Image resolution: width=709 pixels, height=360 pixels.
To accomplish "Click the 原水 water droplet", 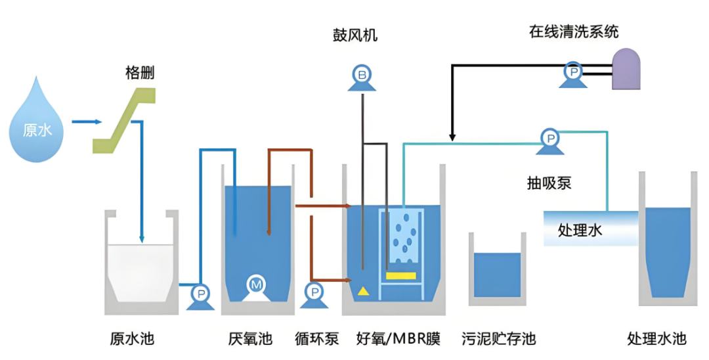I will pos(37,125).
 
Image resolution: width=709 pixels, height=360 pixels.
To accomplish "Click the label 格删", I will pos(140,73).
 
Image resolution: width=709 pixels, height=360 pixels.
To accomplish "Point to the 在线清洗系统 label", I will pos(574,32).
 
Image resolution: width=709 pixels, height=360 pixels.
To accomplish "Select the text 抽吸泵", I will pos(549,183).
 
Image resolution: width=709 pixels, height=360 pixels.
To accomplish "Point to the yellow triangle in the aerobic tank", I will pos(363,290).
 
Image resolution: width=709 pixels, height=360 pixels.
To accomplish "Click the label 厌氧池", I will pos(249,339).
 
